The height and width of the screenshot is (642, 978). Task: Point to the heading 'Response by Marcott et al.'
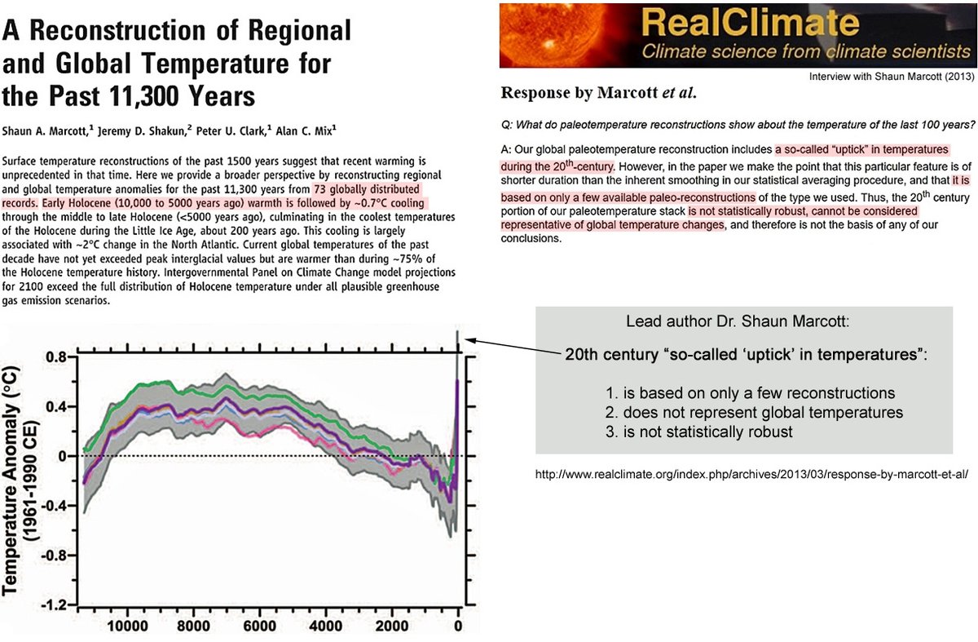tap(598, 93)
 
